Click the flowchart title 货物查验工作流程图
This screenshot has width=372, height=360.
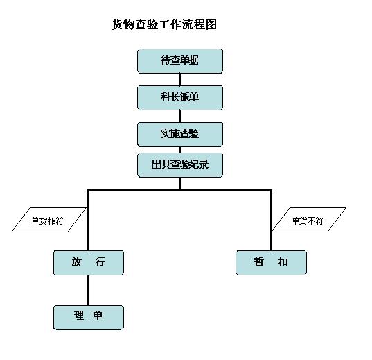[x=164, y=24]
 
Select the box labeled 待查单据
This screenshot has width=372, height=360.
[x=180, y=61]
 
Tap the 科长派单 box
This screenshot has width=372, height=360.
[x=180, y=98]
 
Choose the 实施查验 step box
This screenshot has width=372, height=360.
[x=180, y=135]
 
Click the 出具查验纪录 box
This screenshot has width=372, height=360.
[x=180, y=165]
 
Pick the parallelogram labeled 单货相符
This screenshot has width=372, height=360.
[x=48, y=220]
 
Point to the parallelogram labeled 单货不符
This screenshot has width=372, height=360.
[x=309, y=220]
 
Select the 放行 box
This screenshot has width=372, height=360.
[x=89, y=263]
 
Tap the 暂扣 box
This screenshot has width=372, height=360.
[x=271, y=263]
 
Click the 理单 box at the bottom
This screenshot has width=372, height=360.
[x=89, y=318]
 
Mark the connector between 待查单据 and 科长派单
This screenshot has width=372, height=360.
[x=179, y=79]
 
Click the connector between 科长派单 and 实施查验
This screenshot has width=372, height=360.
[x=179, y=117]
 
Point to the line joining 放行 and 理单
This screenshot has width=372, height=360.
[x=88, y=290]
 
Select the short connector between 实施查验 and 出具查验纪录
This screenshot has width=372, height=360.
[x=179, y=150]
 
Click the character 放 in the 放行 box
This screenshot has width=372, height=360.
[x=77, y=262]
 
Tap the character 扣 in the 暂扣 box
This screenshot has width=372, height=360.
[x=283, y=262]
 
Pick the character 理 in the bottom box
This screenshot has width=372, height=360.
[x=79, y=316]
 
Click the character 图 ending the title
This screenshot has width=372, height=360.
[x=211, y=24]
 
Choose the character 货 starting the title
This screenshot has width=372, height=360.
[x=117, y=24]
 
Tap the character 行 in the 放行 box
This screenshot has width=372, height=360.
[x=100, y=262]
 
